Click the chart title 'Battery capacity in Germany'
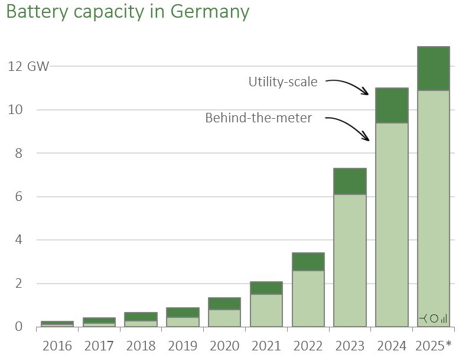(128, 12)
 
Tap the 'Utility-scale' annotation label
(282, 82)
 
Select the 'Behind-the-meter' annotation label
(258, 118)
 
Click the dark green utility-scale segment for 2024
(391, 105)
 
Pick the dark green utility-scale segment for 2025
(433, 69)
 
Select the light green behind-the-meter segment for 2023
(350, 261)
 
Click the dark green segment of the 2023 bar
(350, 181)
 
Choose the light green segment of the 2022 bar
(308, 298)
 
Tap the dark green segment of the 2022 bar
(308, 262)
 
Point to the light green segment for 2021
(266, 310)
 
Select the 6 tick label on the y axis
(18, 197)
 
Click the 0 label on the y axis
(18, 327)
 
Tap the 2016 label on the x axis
(57, 346)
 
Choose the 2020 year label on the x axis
(224, 346)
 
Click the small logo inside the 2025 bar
(433, 318)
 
